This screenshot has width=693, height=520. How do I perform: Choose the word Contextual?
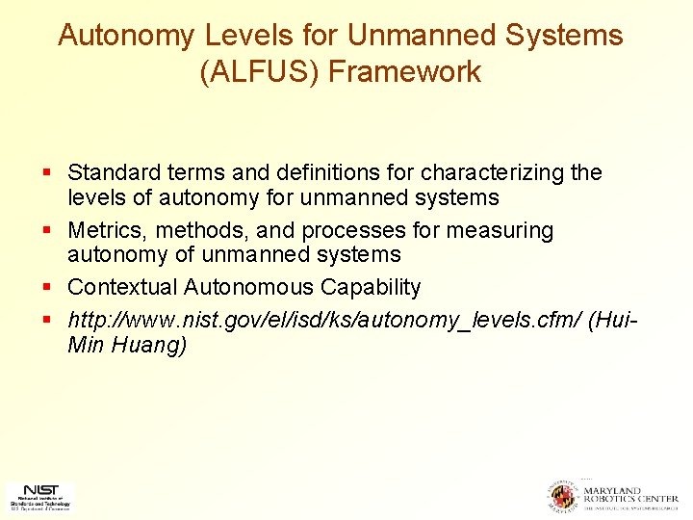(122, 287)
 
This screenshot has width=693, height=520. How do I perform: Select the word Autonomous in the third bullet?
(248, 287)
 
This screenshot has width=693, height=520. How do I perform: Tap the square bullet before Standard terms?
(47, 174)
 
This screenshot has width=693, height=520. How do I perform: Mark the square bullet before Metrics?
(47, 232)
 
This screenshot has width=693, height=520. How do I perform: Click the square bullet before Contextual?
(47, 288)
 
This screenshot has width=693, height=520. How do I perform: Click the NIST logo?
(39, 496)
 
